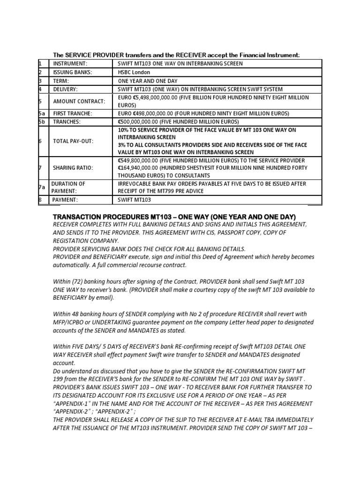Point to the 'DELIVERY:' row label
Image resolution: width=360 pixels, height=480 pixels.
coord(67,89)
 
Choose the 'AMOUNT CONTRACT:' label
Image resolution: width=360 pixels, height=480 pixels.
coord(79,101)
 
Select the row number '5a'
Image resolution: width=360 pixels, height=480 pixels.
coord(42,113)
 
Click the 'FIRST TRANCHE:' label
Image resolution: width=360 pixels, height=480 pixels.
coord(73,113)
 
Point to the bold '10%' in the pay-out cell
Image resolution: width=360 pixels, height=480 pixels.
coord(124,130)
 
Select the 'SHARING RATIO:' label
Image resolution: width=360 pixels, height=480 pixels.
coord(73,168)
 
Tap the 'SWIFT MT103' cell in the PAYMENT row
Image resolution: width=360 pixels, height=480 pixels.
coord(135,200)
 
